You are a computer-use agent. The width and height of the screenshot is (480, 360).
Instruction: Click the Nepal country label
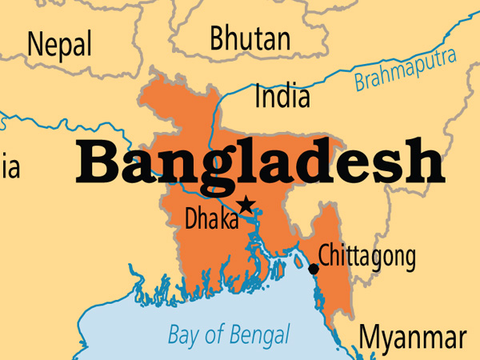click(x=59, y=43)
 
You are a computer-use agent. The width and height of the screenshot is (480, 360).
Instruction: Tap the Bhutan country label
click(x=250, y=38)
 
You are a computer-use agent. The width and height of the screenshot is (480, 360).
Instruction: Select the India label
click(x=282, y=97)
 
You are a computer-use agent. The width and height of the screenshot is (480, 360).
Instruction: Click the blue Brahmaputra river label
click(x=405, y=70)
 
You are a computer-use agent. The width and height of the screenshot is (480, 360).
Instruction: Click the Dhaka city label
click(x=211, y=218)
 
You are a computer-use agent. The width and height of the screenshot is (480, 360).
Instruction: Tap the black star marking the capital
click(x=246, y=205)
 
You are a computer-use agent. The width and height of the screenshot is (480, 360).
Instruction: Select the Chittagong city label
click(x=367, y=257)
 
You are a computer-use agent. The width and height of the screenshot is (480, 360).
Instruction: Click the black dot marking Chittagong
click(x=314, y=269)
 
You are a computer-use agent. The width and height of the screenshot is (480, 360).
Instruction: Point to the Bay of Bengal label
click(x=229, y=334)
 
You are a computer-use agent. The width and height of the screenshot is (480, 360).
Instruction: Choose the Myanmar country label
click(x=411, y=337)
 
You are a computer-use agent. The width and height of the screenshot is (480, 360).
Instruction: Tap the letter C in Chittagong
click(x=324, y=256)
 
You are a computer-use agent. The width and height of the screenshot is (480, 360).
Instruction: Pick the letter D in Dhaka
click(x=192, y=218)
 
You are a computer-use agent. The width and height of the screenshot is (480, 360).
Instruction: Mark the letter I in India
click(x=258, y=97)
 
